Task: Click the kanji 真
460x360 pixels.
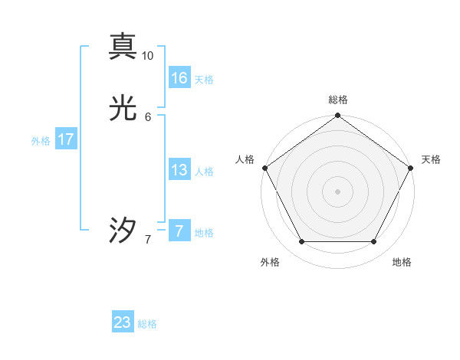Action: click(123, 46)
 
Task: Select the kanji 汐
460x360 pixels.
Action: click(123, 231)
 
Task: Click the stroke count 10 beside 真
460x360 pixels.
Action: click(148, 56)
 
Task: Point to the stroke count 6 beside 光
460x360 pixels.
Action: click(148, 116)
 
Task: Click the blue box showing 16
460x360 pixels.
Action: click(179, 78)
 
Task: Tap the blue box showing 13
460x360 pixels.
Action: click(179, 170)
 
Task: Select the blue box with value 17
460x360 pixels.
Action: click(66, 139)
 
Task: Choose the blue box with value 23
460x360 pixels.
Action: click(123, 322)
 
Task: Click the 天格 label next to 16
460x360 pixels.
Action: click(204, 80)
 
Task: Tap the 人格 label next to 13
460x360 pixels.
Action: click(204, 172)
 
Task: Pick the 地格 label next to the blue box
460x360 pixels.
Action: click(204, 233)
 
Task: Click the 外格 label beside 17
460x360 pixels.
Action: click(41, 141)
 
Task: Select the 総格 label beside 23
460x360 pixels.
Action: click(147, 324)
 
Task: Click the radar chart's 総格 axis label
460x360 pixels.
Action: click(338, 100)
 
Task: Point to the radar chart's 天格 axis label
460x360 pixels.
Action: click(431, 159)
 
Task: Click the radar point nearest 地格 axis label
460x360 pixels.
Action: click(373, 242)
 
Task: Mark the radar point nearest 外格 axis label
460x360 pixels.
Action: click(301, 242)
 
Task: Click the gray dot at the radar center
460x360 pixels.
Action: click(337, 191)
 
